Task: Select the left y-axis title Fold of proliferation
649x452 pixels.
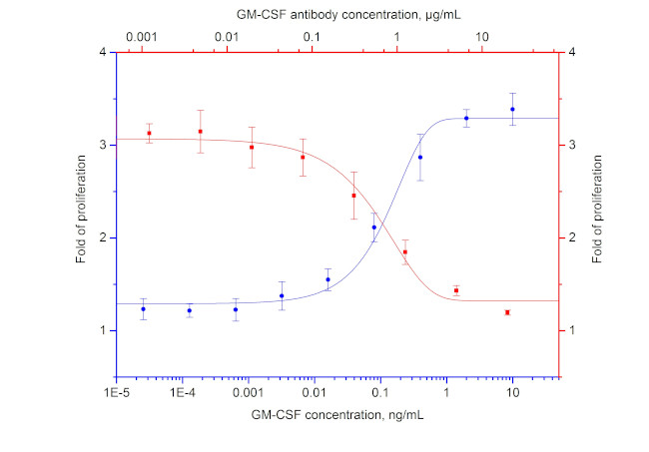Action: (x=81, y=215)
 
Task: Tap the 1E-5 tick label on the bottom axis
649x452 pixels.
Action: (x=117, y=395)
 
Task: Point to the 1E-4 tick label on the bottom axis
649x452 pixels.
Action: (x=182, y=395)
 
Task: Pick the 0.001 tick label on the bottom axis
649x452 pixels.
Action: (x=248, y=395)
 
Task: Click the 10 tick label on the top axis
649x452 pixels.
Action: (x=482, y=37)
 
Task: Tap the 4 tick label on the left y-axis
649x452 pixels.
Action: (x=105, y=52)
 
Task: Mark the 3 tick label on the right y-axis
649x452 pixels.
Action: (x=571, y=145)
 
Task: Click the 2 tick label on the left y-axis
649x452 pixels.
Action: (x=105, y=237)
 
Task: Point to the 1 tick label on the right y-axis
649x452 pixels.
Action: (x=571, y=330)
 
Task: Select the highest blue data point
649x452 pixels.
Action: (x=512, y=109)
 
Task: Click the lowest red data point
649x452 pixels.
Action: (x=507, y=312)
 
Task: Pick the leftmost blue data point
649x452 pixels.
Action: (x=143, y=309)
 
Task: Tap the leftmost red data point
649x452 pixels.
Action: (x=149, y=133)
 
